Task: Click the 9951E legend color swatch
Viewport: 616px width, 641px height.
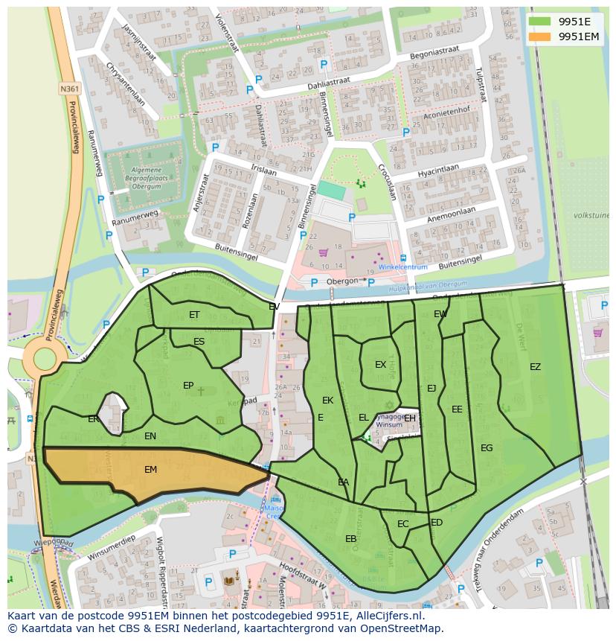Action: (x=540, y=21)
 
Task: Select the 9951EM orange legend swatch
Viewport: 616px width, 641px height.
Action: (x=540, y=36)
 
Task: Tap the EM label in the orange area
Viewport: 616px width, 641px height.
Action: (x=150, y=470)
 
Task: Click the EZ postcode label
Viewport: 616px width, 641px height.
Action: (x=535, y=367)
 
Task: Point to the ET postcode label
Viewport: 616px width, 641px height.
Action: (x=193, y=315)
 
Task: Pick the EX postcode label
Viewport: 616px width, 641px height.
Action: (x=380, y=365)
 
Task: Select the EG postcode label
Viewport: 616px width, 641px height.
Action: (x=487, y=448)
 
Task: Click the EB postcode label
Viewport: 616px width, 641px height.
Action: (x=350, y=539)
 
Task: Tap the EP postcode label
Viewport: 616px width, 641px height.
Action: (x=188, y=386)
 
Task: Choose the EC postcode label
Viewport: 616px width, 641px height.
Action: (x=402, y=524)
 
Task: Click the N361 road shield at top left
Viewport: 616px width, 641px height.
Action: (x=70, y=89)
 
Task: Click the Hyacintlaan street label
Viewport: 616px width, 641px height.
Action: (x=439, y=171)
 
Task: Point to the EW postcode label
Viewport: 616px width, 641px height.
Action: (x=440, y=314)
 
